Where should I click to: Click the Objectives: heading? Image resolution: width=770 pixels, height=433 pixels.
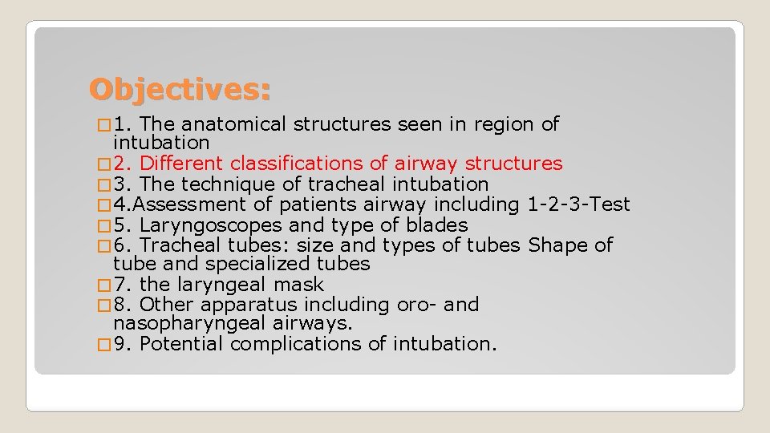[180, 89]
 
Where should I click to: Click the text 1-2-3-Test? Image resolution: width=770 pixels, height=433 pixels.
[579, 204]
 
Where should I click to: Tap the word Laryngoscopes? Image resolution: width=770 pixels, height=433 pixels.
[211, 225]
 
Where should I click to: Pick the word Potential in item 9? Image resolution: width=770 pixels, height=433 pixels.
[182, 344]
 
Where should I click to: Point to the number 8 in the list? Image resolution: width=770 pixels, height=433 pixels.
[120, 305]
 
